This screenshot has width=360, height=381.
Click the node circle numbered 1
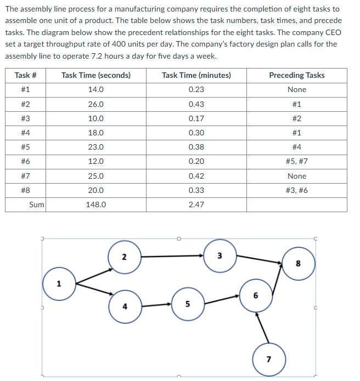[59, 285]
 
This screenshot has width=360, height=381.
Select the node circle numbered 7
[268, 360]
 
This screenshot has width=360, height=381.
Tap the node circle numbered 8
[299, 263]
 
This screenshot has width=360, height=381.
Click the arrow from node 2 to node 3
[172, 255]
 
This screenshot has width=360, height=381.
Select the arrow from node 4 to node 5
[156, 304]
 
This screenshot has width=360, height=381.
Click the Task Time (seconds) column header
[96, 75]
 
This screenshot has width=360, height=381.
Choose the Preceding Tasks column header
[296, 75]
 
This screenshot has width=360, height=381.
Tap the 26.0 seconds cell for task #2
[96, 104]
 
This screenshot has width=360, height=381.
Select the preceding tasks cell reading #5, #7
[296, 162]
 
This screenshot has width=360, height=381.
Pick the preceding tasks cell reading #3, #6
[296, 190]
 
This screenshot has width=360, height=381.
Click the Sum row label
[37, 204]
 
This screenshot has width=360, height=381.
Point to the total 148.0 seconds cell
[96, 204]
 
